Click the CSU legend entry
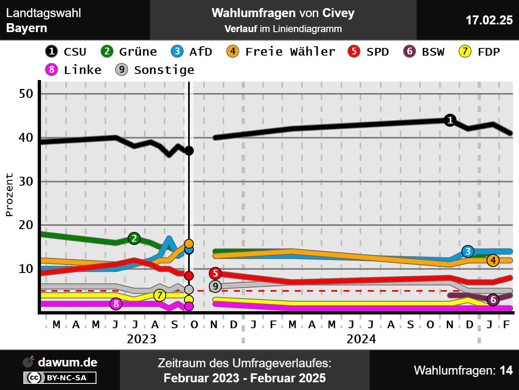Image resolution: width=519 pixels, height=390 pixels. click(x=66, y=52)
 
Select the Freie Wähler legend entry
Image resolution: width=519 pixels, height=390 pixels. click(x=281, y=52)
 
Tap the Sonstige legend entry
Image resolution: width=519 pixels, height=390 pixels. click(x=155, y=70)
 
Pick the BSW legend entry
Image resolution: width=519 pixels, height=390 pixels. click(x=424, y=52)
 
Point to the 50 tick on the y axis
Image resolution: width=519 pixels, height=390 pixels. click(x=26, y=94)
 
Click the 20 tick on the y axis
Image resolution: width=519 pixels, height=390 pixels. click(x=26, y=225)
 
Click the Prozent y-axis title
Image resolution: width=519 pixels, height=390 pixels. click(x=9, y=195)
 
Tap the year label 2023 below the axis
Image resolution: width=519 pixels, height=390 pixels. click(x=142, y=339)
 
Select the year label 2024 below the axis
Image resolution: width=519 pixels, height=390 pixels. click(x=361, y=339)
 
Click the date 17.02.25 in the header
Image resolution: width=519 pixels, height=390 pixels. click(x=489, y=20)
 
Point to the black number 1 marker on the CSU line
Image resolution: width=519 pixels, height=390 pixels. click(x=450, y=120)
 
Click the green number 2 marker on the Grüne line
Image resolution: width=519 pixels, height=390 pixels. click(x=134, y=238)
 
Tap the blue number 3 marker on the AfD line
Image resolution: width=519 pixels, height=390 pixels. click(x=468, y=251)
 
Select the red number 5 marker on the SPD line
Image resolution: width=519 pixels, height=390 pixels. click(x=215, y=273)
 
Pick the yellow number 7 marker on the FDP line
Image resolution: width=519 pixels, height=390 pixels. click(x=160, y=295)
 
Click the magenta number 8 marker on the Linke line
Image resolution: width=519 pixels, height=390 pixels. click(x=116, y=303)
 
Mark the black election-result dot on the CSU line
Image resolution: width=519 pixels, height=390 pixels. click(x=189, y=151)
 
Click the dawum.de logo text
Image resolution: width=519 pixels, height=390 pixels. click(x=67, y=362)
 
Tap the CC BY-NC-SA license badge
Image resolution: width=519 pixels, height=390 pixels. click(x=60, y=378)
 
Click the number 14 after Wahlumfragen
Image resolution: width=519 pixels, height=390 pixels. click(x=506, y=370)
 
